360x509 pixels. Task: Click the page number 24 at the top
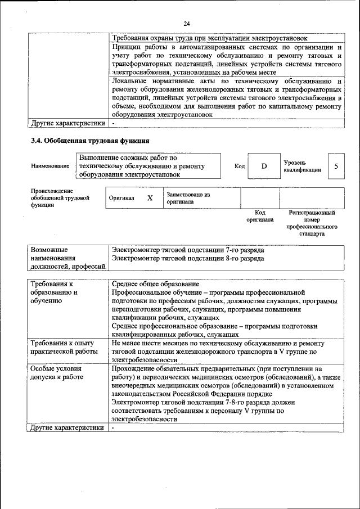pyautogui.click(x=187, y=23)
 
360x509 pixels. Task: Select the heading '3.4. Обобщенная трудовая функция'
pyautogui.click(x=90, y=140)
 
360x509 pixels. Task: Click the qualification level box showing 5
pyautogui.click(x=336, y=166)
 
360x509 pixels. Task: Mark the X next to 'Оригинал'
pyautogui.click(x=150, y=198)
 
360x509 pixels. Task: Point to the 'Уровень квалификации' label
pyautogui.click(x=302, y=166)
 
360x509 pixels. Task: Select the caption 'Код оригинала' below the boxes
pyautogui.click(x=259, y=217)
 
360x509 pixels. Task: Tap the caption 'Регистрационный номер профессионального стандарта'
pyautogui.click(x=312, y=223)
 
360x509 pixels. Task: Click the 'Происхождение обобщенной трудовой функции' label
pyautogui.click(x=60, y=198)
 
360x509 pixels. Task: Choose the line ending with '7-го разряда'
pyautogui.click(x=187, y=249)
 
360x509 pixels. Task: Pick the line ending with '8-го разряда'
pyautogui.click(x=187, y=259)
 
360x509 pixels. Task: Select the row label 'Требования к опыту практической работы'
pyautogui.click(x=62, y=347)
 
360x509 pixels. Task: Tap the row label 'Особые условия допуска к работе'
pyautogui.click(x=57, y=372)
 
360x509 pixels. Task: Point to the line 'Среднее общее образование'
pyautogui.click(x=155, y=284)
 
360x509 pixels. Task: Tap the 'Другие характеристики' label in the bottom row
pyautogui.click(x=67, y=428)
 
